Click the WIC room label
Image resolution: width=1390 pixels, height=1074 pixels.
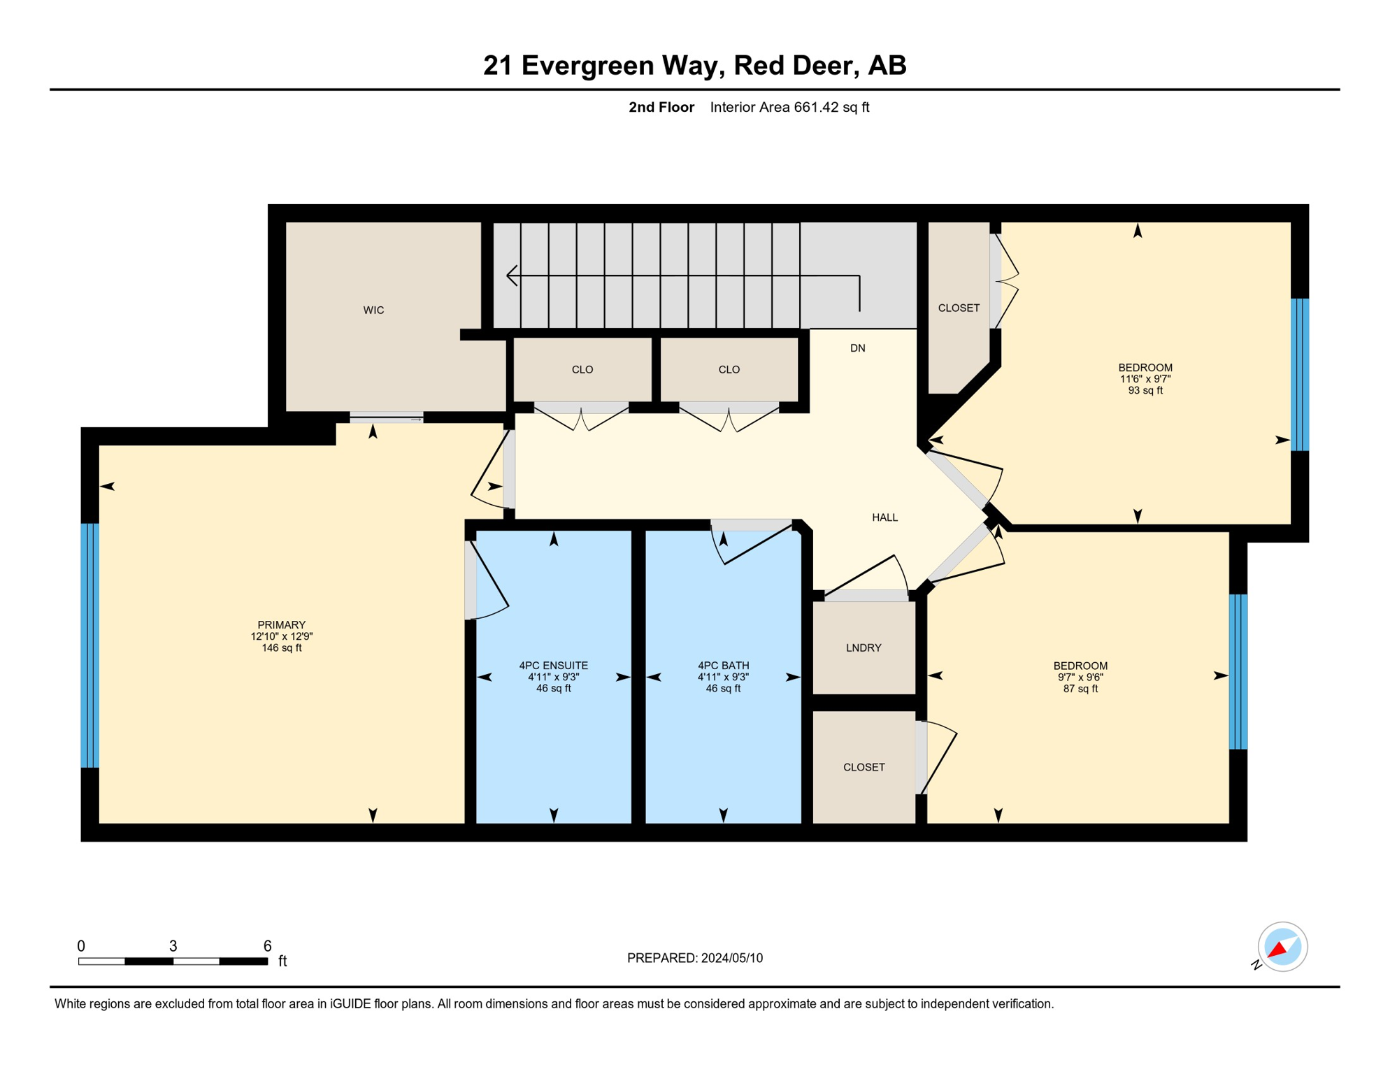pos(373,310)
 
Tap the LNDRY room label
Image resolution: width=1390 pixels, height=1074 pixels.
pos(864,648)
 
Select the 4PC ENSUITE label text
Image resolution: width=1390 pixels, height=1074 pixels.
pos(553,666)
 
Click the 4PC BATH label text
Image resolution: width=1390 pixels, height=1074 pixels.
pos(723,666)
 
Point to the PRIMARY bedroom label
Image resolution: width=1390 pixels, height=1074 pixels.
pos(281,625)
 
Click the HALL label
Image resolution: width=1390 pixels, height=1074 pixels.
pos(884,517)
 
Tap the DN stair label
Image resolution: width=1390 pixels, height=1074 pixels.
pos(857,348)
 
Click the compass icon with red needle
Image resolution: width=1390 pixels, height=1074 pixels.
pos(1282,947)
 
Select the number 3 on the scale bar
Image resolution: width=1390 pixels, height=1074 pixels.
pos(173,946)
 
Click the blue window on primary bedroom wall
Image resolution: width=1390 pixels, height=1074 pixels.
pos(90,645)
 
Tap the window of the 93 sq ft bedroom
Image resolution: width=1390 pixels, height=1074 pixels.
pos(1299,375)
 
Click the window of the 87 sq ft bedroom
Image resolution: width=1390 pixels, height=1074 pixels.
pos(1238,671)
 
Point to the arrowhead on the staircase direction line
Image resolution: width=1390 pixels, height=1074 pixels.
pos(512,275)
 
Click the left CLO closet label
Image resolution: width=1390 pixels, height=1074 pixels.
pos(582,370)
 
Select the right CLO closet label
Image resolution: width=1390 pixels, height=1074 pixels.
pos(729,370)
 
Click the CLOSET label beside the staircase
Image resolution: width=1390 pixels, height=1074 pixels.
pos(958,308)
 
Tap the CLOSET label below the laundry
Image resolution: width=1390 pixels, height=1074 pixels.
pos(864,768)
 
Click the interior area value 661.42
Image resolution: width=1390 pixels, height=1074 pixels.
pos(815,108)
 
